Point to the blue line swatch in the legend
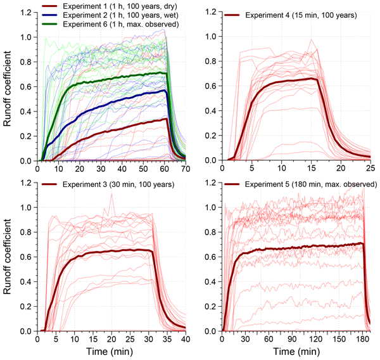click(53, 15)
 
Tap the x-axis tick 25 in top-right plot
click(369, 169)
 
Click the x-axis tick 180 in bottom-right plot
click(363, 339)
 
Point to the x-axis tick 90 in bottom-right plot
click(292, 339)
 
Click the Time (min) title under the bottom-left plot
click(111, 350)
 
